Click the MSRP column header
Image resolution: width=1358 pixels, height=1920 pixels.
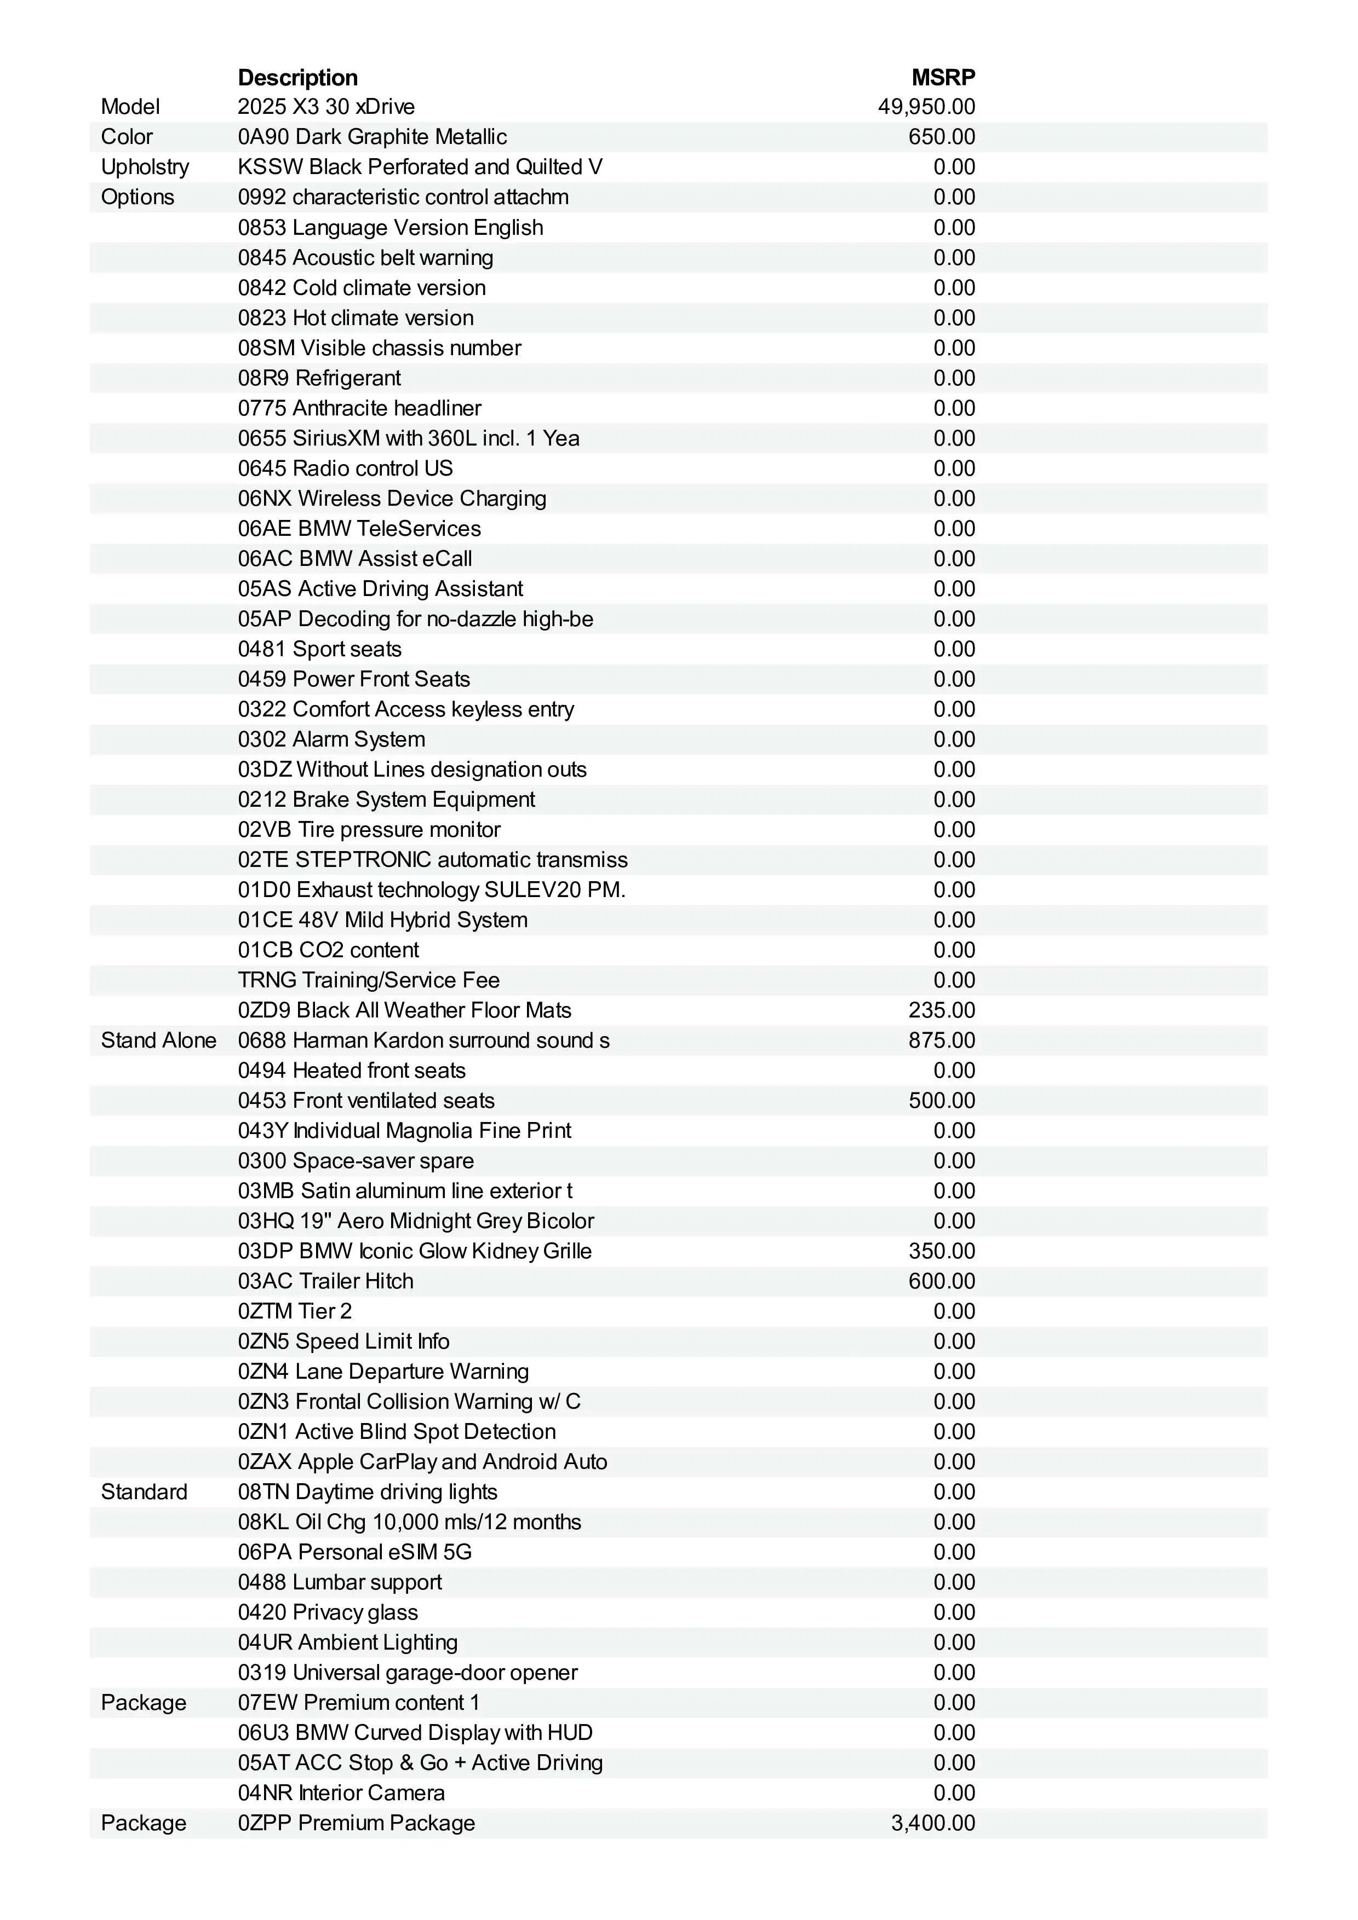[942, 78]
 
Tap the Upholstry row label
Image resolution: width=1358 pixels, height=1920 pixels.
[145, 167]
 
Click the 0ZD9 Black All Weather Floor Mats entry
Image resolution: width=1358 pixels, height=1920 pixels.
[404, 1010]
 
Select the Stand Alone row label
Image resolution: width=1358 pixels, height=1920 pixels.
[158, 1040]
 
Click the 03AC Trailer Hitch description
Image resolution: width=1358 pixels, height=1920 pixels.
[325, 1281]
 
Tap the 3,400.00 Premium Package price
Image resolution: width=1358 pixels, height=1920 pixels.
[932, 1823]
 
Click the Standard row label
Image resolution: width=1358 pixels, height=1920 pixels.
[144, 1492]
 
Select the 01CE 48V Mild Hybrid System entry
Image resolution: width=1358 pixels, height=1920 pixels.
[382, 920]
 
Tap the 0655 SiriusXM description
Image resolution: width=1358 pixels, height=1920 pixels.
[408, 438]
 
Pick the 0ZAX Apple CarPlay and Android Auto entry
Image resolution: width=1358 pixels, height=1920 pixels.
[422, 1462]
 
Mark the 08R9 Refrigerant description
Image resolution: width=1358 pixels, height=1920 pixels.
[319, 378]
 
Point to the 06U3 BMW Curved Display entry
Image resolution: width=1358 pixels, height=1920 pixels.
[415, 1733]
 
